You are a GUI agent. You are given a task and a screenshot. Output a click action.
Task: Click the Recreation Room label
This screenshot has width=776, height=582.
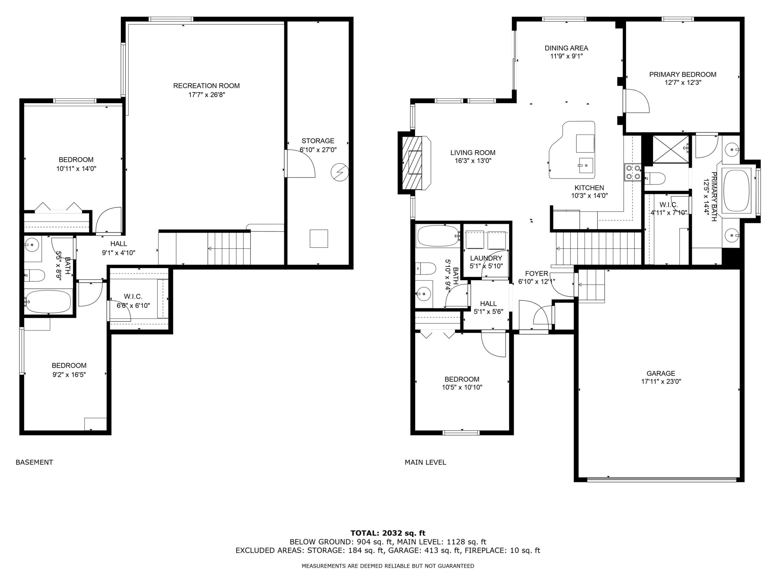pyautogui.click(x=206, y=85)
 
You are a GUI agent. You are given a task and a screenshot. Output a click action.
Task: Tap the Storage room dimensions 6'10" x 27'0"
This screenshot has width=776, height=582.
pyautogui.click(x=318, y=149)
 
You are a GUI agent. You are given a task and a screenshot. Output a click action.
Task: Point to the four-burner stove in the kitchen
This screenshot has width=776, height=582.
pyautogui.click(x=633, y=172)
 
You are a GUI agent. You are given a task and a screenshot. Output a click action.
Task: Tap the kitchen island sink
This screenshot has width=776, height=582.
pyautogui.click(x=586, y=165)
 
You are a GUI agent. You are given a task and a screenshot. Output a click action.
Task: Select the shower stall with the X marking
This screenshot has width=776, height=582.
pyautogui.click(x=671, y=149)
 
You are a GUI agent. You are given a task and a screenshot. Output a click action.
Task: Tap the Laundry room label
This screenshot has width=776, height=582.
pyautogui.click(x=486, y=258)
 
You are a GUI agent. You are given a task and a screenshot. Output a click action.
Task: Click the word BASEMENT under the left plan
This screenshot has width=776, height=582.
pyautogui.click(x=34, y=462)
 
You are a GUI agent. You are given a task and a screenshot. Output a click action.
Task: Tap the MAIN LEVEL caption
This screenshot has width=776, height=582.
pyautogui.click(x=425, y=462)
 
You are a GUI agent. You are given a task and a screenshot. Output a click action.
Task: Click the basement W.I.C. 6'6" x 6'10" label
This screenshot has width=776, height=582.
pyautogui.click(x=133, y=301)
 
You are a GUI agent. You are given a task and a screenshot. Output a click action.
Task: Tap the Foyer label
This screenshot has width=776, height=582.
pyautogui.click(x=537, y=274)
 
